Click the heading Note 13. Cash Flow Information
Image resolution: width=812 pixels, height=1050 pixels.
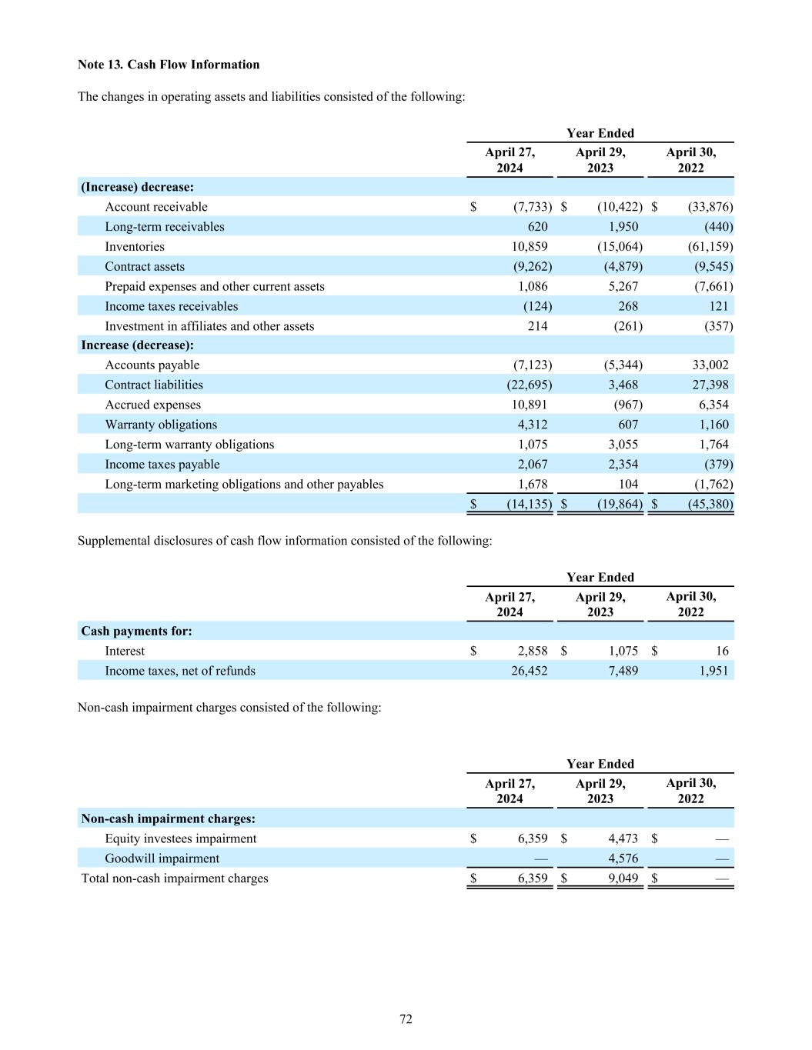click(x=169, y=65)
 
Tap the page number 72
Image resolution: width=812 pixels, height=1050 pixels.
click(x=406, y=1019)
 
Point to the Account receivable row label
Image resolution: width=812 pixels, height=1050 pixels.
click(x=156, y=207)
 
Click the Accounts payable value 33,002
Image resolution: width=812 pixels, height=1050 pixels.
click(x=710, y=365)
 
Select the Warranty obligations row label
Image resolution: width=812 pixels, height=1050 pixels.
click(x=161, y=425)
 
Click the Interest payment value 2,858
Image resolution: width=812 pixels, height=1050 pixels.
click(x=532, y=652)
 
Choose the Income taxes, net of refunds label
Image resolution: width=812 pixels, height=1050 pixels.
click(x=180, y=672)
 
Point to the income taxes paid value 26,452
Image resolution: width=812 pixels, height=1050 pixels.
click(x=530, y=672)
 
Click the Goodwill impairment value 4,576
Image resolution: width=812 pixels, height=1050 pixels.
click(x=622, y=858)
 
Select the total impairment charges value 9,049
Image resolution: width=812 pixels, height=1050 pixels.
click(x=622, y=878)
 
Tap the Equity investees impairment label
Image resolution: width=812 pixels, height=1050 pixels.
click(x=181, y=838)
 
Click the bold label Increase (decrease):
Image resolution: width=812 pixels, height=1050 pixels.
click(x=137, y=345)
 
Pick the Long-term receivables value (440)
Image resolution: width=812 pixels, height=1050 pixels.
click(x=717, y=227)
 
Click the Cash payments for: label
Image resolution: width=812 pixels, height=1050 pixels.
click(x=136, y=632)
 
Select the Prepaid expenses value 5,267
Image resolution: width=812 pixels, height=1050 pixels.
click(x=622, y=287)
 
